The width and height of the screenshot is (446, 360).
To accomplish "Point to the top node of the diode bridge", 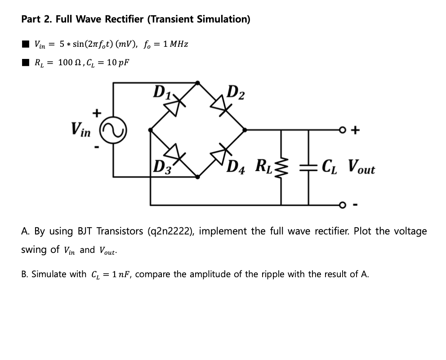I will tap(198, 82).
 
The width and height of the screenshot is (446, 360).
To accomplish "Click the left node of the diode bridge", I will tap(151, 130).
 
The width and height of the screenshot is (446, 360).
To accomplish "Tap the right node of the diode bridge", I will tap(245, 130).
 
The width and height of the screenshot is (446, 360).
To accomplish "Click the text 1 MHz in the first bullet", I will tap(176, 44).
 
